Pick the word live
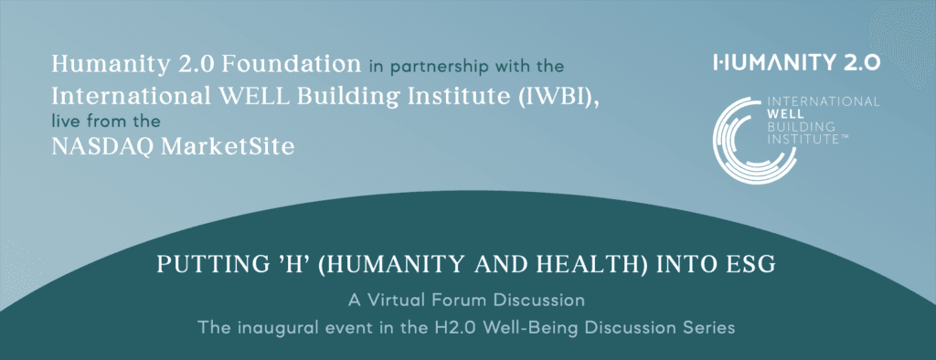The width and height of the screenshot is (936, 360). [x=64, y=122]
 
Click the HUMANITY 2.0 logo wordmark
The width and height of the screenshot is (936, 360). [x=796, y=63]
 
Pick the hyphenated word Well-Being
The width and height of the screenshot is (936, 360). [x=500, y=328]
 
